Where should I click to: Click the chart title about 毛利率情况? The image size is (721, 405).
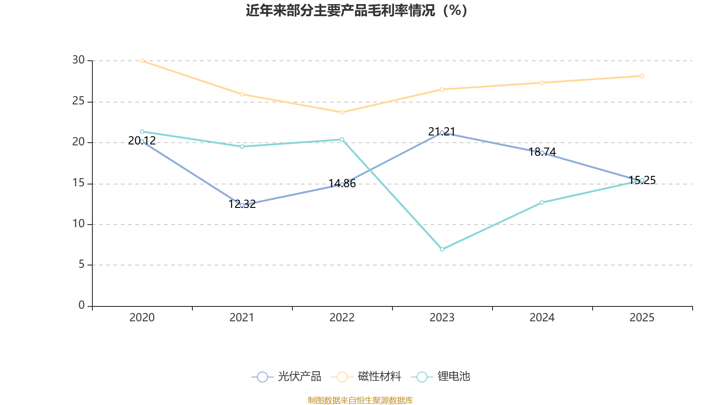coord(357,10)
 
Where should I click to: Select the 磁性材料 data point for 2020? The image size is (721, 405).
coord(142,61)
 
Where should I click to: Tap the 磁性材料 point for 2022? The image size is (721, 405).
coord(342,112)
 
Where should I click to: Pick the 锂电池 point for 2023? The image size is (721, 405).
coord(442,249)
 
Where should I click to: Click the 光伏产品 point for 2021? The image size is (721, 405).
coord(242,205)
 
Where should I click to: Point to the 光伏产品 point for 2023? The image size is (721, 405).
coord(442,133)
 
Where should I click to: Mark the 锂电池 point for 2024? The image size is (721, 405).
coord(542,202)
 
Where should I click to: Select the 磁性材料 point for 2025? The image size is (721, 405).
coord(642,76)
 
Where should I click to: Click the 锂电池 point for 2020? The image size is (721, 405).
coord(142,131)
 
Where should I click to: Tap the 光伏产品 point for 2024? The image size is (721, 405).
coord(542,153)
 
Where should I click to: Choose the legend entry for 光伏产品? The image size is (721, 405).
coord(287,377)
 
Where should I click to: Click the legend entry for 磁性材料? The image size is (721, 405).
coord(366,377)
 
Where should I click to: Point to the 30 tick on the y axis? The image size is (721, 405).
coord(78,60)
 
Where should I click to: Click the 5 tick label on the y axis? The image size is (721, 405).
coord(82,265)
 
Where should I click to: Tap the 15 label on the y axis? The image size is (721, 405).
coord(78,183)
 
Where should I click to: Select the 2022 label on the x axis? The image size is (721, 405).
coord(342,318)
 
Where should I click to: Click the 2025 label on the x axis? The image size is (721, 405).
coord(642,318)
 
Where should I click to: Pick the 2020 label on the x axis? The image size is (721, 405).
coord(142,318)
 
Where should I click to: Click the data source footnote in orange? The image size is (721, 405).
coord(360,400)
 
